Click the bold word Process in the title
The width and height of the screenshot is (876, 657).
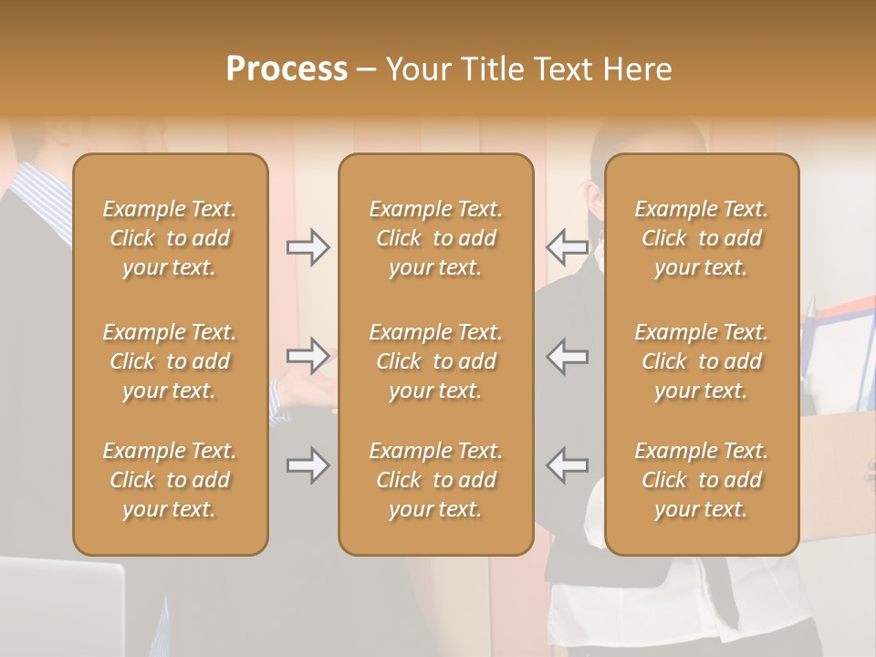coord(287,69)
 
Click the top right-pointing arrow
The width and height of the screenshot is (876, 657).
coord(308,246)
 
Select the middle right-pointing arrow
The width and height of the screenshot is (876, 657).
coord(308,356)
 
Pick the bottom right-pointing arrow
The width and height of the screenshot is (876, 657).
coord(308,465)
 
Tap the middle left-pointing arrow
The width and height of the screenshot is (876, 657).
coord(568,356)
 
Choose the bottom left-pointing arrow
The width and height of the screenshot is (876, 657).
coord(568,465)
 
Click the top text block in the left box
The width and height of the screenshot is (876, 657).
coord(170,238)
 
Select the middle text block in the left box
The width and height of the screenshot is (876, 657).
coord(170,361)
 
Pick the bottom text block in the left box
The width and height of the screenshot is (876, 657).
coord(170,480)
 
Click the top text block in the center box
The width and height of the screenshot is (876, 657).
coord(435,238)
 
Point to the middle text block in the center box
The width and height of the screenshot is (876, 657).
coord(435,361)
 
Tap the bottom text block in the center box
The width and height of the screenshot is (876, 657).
coord(435,480)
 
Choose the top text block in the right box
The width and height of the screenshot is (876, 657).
coord(702,238)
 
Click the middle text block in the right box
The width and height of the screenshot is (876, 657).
coord(702,361)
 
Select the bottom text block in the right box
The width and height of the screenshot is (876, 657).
coord(702,480)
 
